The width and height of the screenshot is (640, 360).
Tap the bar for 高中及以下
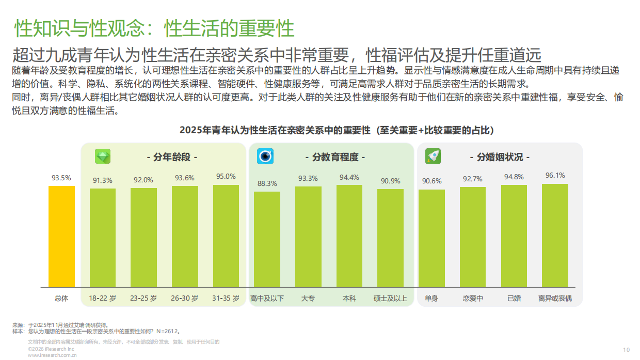[x=267, y=240]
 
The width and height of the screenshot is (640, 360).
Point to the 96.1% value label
[x=555, y=176]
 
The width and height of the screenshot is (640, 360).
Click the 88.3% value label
[x=267, y=183]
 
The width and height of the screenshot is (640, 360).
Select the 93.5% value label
[x=61, y=178]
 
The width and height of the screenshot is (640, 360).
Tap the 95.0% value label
[x=226, y=177]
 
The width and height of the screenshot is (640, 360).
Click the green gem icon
[x=103, y=156]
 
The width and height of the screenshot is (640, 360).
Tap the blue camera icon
[x=265, y=156]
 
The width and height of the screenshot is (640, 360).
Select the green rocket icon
[x=433, y=156]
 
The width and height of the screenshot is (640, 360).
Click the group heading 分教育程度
[x=335, y=157]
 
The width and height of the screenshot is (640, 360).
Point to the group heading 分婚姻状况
[x=499, y=157]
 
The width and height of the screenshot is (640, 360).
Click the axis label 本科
[x=349, y=299]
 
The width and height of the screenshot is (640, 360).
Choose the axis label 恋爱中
[x=473, y=299]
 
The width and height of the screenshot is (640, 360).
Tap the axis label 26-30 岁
[x=185, y=299]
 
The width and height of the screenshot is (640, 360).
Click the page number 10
[x=627, y=350]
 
